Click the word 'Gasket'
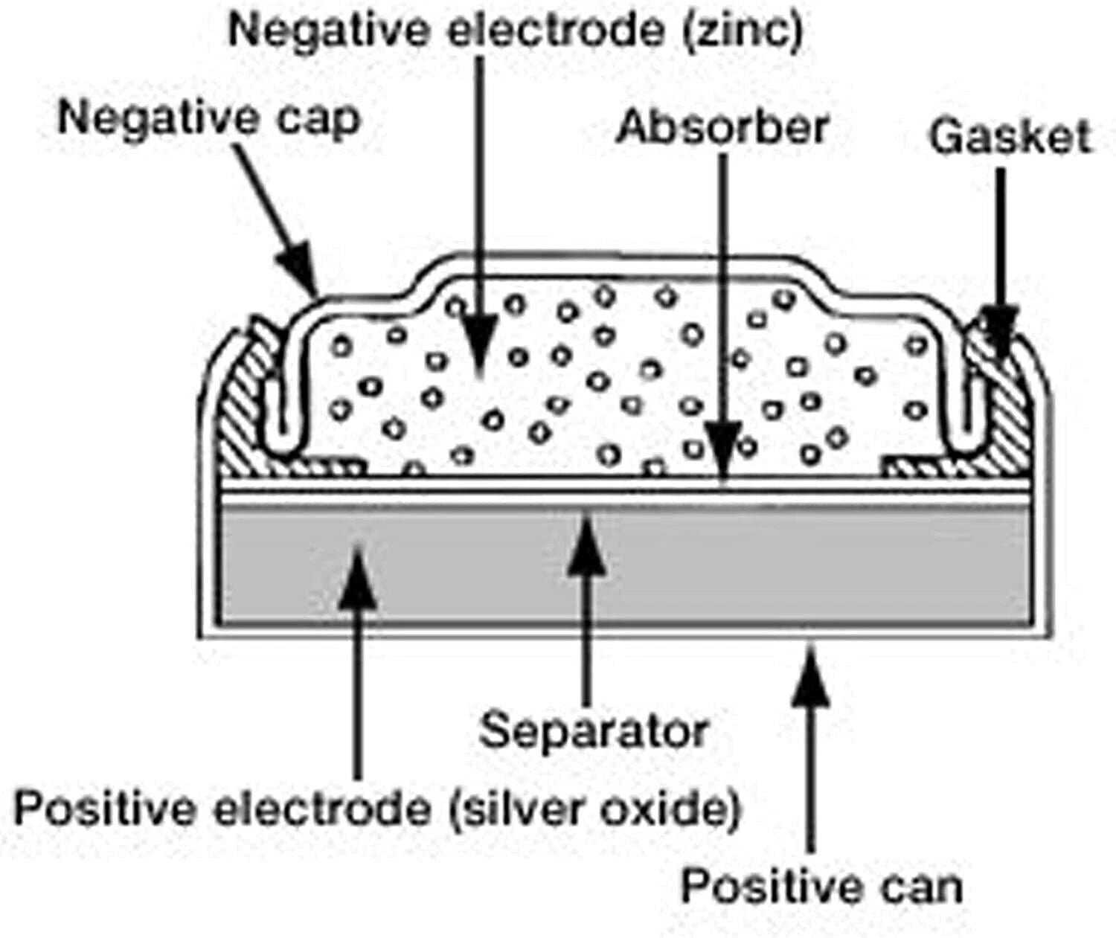[x=1010, y=137]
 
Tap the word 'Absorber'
[x=722, y=127]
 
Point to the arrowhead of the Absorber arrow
[x=722, y=449]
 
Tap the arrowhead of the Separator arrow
[x=587, y=544]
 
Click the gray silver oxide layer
[x=625, y=567]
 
